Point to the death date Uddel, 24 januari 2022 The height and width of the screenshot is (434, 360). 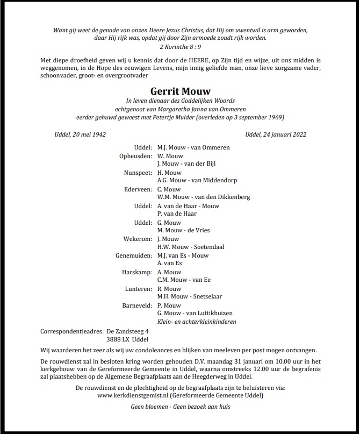(x=275, y=134)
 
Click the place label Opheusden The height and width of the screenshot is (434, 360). (x=136, y=155)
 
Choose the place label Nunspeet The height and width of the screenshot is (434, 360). (x=138, y=172)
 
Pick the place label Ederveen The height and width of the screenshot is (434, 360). (x=138, y=189)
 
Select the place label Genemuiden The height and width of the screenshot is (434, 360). (x=134, y=255)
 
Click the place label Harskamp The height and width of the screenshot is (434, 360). (x=138, y=272)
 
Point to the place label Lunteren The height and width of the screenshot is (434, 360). (x=138, y=289)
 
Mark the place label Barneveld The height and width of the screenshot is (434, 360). (x=137, y=305)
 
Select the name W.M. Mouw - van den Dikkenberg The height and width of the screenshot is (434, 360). (x=203, y=197)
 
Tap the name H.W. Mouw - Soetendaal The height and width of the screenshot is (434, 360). (x=191, y=247)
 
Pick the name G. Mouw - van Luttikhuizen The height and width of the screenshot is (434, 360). (x=195, y=313)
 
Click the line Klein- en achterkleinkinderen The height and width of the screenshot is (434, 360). (x=196, y=322)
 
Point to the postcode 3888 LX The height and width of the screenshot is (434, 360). (x=118, y=339)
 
